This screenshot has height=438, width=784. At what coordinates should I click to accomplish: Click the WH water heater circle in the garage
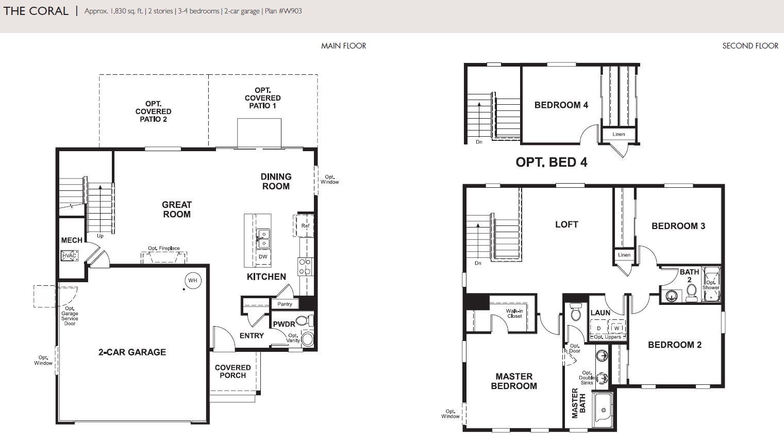tap(193, 280)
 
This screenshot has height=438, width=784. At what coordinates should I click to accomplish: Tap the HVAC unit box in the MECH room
tap(69, 255)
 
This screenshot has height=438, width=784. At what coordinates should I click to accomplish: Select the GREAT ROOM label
tap(177, 209)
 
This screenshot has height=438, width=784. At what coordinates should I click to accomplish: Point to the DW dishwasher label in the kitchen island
tap(263, 256)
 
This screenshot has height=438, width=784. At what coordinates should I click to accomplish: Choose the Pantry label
tap(285, 304)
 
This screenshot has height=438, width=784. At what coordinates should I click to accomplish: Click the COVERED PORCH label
tap(233, 371)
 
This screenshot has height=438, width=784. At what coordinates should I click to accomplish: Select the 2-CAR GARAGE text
tap(132, 352)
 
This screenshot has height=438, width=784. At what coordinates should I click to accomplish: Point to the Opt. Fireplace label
tap(164, 248)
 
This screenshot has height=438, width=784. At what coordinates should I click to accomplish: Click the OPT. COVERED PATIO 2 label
tap(153, 111)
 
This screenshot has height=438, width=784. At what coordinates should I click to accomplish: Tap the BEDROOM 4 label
tap(561, 105)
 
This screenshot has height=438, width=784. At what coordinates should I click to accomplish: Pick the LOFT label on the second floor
tap(566, 224)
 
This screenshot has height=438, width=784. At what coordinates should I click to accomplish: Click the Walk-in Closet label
tap(514, 313)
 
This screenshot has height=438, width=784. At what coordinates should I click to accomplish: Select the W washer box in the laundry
tap(616, 328)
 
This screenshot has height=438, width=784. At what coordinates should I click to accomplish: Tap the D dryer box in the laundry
tap(599, 328)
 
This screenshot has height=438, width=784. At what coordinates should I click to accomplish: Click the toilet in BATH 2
tap(691, 293)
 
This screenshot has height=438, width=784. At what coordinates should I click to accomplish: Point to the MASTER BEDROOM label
tap(514, 381)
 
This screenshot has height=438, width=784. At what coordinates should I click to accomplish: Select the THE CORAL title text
tap(36, 11)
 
